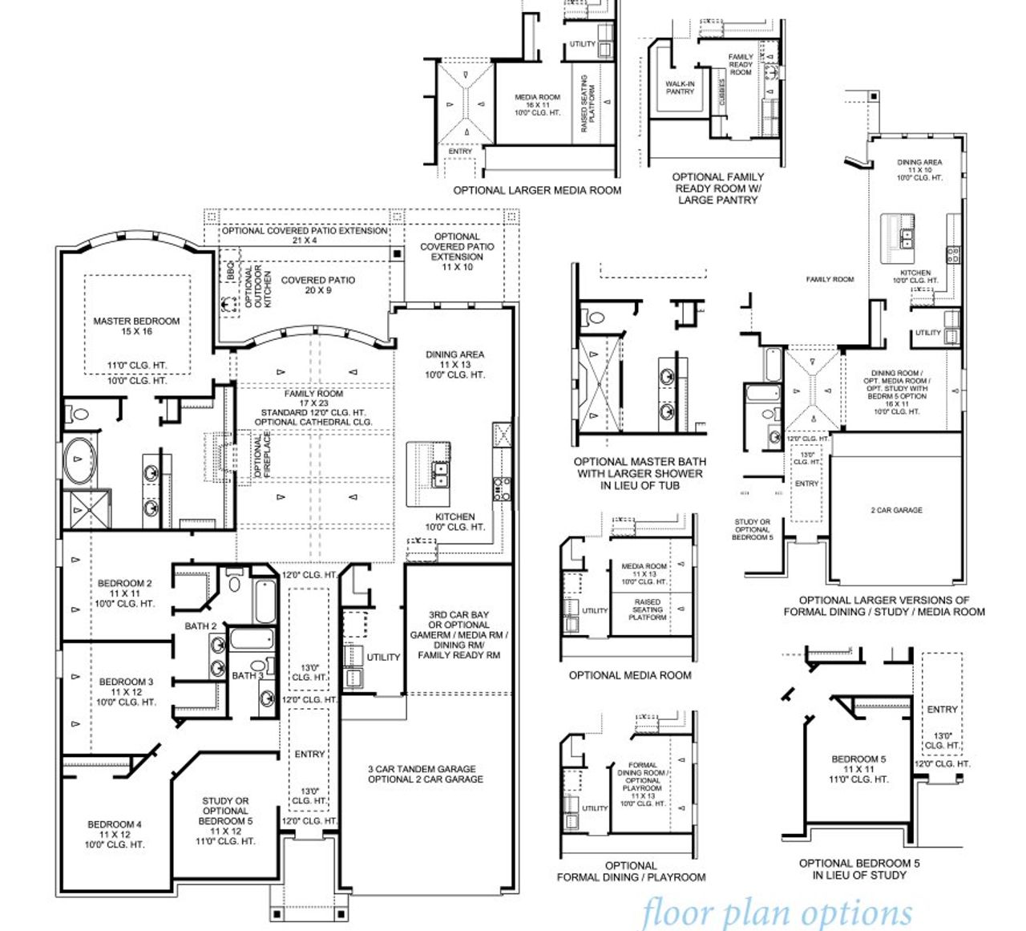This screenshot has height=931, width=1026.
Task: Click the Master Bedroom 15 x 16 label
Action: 136,326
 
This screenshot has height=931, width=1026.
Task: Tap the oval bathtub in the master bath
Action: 79,459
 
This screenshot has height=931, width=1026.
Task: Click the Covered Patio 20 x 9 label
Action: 317,285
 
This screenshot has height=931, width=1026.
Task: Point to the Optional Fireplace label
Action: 262,455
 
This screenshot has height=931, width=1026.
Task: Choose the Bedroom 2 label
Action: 125,593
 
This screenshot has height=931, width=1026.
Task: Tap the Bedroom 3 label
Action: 126,691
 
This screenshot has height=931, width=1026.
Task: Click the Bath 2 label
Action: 200,625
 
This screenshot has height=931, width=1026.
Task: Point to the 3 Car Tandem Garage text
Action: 425,773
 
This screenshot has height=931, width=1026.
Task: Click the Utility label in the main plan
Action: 383,657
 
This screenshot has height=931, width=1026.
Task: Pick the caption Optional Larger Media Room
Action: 537,190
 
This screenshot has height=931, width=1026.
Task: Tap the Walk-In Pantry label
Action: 680,87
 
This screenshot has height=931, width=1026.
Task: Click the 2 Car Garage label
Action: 896,510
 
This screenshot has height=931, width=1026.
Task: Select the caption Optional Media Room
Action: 629,675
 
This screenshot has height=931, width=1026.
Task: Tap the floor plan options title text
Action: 776,913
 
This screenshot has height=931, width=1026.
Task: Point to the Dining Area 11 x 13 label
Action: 454,364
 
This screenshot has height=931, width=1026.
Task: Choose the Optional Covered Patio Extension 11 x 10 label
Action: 457,251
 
